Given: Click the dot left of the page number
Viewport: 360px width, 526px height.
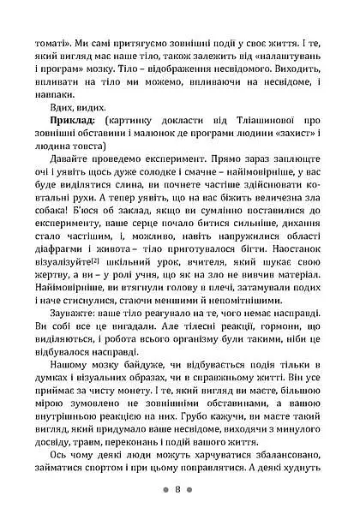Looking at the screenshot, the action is pyautogui.click(x=165, y=491).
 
